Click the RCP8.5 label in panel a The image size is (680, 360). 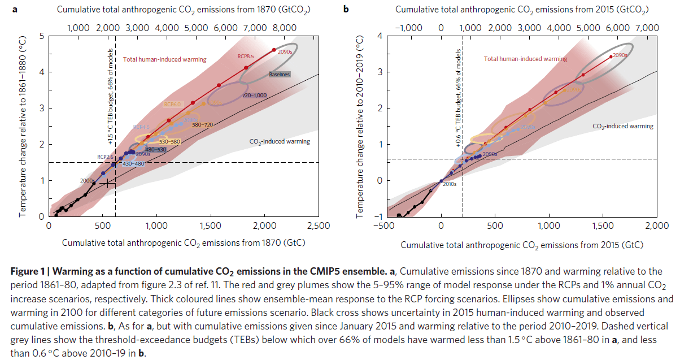(x=245, y=57)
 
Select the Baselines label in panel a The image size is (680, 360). (x=279, y=74)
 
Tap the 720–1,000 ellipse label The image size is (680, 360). (x=254, y=96)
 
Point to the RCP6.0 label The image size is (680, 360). (x=172, y=104)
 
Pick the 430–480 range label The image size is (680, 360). (x=134, y=163)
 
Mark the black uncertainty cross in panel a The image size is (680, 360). (x=107, y=183)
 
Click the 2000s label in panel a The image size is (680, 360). (x=88, y=180)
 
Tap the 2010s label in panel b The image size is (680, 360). (x=449, y=184)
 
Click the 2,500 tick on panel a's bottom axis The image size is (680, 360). (x=318, y=225)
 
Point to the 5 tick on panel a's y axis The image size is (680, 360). (x=41, y=36)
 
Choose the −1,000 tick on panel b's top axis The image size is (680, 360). (x=408, y=27)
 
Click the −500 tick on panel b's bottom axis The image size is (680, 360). (x=386, y=226)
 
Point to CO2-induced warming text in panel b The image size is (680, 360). (x=623, y=126)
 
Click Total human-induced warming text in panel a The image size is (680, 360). (x=165, y=59)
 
